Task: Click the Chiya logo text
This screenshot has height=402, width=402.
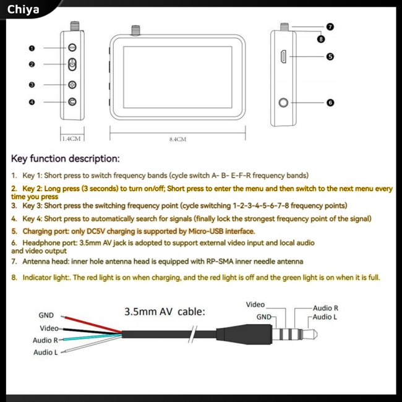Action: click(x=24, y=9)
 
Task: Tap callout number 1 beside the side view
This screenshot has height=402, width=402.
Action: click(x=32, y=48)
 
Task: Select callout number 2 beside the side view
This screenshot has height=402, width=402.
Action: click(x=32, y=64)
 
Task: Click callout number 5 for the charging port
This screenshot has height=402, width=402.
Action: click(x=330, y=57)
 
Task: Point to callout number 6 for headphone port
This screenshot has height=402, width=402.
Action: click(x=330, y=102)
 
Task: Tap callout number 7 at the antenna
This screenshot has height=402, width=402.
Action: click(x=330, y=27)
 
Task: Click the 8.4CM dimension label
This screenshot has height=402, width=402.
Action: click(x=177, y=140)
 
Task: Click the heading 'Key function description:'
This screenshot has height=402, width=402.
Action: click(x=66, y=159)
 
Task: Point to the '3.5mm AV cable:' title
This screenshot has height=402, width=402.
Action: click(x=164, y=312)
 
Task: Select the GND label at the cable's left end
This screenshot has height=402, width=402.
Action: click(x=46, y=315)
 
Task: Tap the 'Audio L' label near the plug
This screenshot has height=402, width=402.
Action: click(x=325, y=317)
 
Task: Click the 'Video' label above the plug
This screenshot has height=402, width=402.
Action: click(x=255, y=304)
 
